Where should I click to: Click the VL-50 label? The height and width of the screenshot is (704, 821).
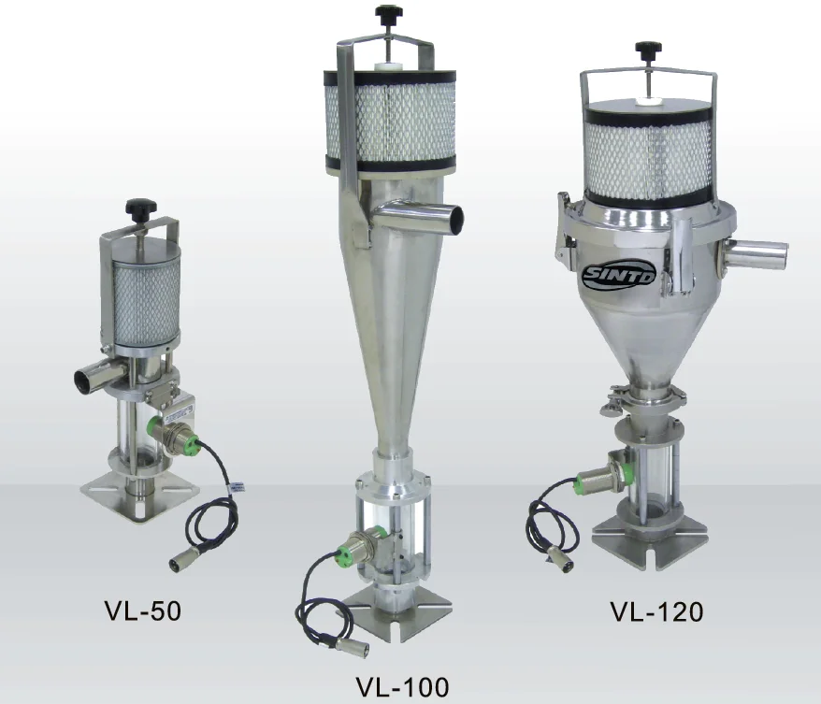(141, 611)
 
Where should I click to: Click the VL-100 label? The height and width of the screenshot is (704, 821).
(402, 686)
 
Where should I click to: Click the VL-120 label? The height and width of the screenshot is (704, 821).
(655, 611)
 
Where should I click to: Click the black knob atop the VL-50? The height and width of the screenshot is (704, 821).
(141, 205)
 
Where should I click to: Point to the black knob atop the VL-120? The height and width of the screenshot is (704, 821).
(644, 48)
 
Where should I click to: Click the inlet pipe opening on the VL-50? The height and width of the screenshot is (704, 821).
(83, 379)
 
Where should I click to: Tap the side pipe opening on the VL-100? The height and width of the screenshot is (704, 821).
(455, 219)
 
